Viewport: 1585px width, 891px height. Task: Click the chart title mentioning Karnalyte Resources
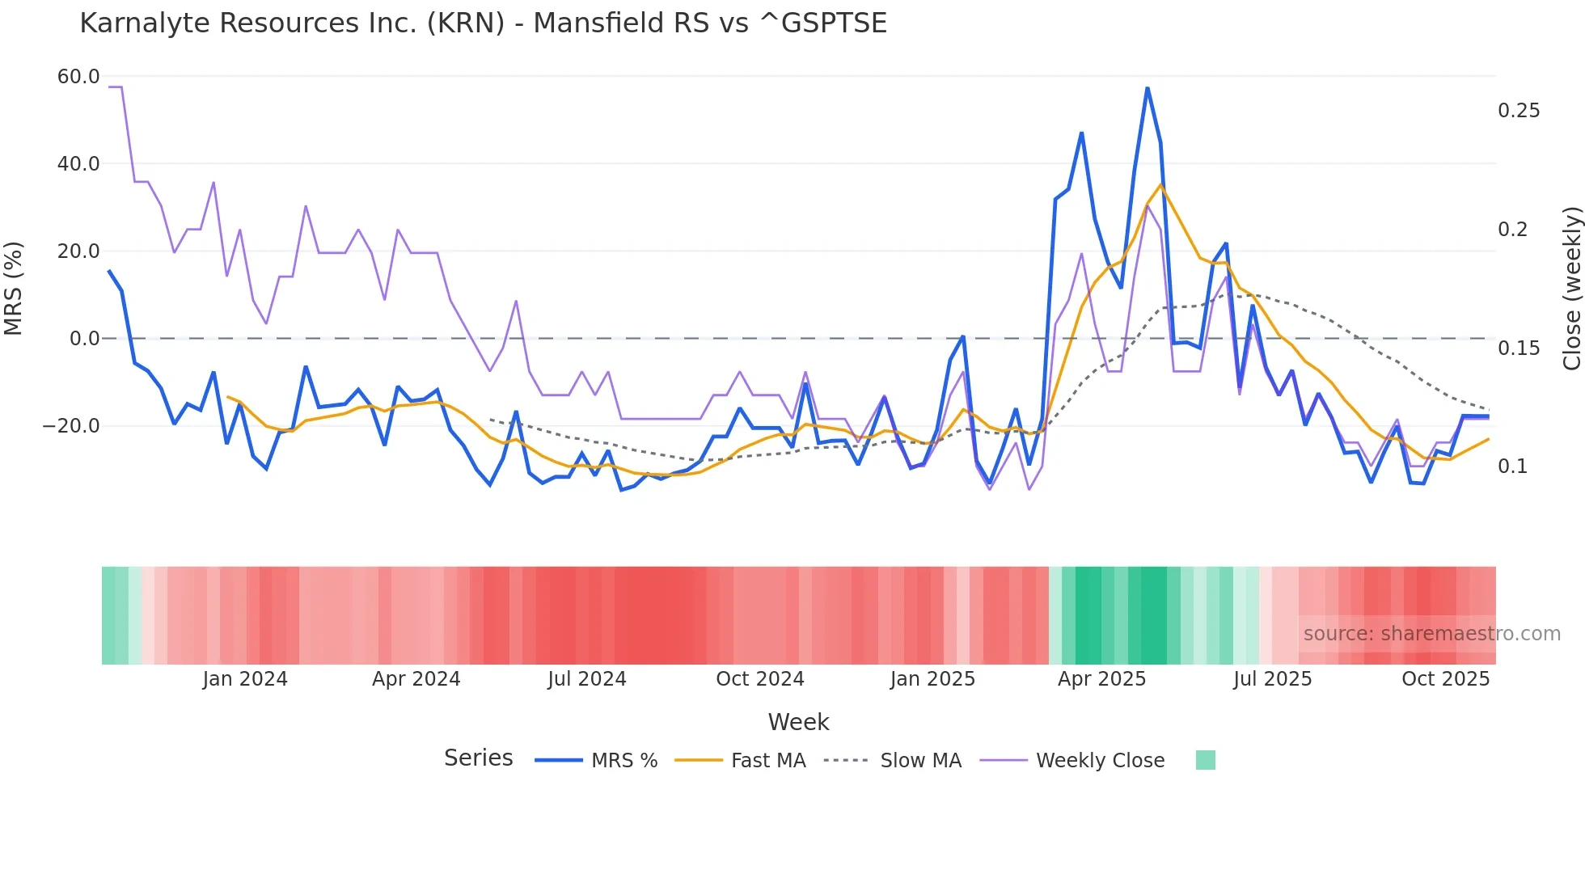tap(483, 23)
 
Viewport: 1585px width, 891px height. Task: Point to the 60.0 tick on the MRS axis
tap(78, 77)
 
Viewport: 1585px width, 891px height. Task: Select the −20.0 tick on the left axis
tap(71, 426)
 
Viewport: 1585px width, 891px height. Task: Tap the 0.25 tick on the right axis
tap(1519, 111)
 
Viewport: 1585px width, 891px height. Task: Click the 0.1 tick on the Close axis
tap(1512, 467)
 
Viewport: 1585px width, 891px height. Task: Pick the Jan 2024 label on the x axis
tap(245, 679)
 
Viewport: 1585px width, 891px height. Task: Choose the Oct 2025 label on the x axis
tap(1445, 679)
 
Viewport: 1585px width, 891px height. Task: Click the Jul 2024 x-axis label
tap(587, 679)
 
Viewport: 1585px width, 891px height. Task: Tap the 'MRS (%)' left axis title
tap(14, 289)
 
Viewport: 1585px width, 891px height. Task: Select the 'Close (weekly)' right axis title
tap(1571, 289)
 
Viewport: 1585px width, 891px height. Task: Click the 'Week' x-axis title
tap(798, 722)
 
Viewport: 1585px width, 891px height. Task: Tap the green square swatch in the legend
tap(1205, 760)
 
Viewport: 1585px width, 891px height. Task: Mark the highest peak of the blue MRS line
tap(1147, 88)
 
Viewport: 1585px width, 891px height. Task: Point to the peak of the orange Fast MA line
tap(1160, 185)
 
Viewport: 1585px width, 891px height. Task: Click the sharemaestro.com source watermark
tap(1431, 634)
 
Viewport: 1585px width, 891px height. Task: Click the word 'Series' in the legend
tap(478, 758)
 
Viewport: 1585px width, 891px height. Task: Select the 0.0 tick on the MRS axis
tap(84, 339)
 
